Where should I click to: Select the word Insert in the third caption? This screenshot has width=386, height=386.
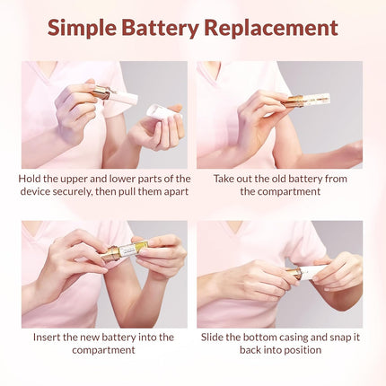point(49,337)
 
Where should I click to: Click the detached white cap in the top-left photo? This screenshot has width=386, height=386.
point(162,111)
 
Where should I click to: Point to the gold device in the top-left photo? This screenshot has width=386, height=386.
point(101,92)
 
